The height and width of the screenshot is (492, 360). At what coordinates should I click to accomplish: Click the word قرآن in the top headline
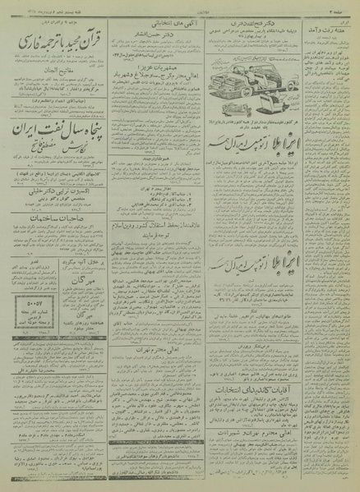(96, 38)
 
